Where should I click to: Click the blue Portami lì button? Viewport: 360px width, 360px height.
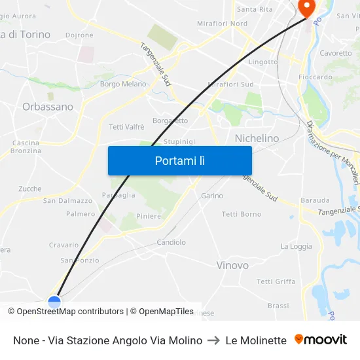pyautogui.click(x=179, y=160)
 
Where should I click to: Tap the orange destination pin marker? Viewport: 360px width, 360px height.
pyautogui.click(x=306, y=7)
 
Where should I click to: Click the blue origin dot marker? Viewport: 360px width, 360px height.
pyautogui.click(x=54, y=302)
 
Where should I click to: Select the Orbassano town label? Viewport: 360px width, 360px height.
pyautogui.click(x=48, y=106)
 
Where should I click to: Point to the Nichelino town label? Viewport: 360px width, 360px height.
pyautogui.click(x=257, y=138)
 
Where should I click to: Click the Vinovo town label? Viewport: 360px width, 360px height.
pyautogui.click(x=232, y=265)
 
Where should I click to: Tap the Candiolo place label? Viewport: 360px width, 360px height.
pyautogui.click(x=171, y=242)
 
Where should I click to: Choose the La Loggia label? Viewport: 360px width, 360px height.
pyautogui.click(x=296, y=246)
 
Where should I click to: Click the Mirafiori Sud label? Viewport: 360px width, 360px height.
pyautogui.click(x=230, y=84)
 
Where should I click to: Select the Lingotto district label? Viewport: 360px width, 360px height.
pyautogui.click(x=263, y=62)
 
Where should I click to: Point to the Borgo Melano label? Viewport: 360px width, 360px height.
pyautogui.click(x=123, y=84)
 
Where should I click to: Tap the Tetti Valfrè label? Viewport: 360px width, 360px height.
pyautogui.click(x=126, y=126)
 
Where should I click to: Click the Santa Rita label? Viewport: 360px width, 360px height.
pyautogui.click(x=255, y=9)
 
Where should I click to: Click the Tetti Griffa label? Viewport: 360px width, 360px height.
pyautogui.click(x=276, y=281)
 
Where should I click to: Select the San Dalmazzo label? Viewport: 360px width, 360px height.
pyautogui.click(x=67, y=201)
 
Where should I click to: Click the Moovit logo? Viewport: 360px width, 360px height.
pyautogui.click(x=320, y=340)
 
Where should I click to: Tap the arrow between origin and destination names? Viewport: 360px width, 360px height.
pyautogui.click(x=213, y=340)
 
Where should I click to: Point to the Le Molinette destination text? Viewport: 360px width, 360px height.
pyautogui.click(x=256, y=340)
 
